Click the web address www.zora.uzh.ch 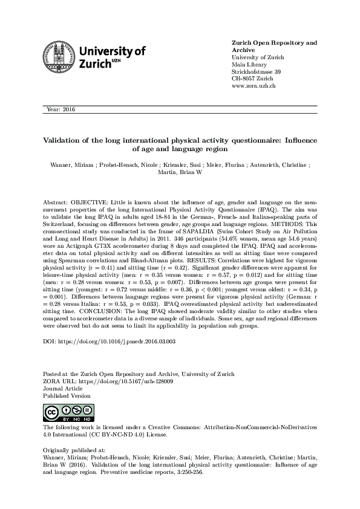[x=254, y=86]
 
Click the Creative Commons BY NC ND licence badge [x=67, y=413]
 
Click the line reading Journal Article [x=64, y=389]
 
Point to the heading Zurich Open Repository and [x=274, y=43]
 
